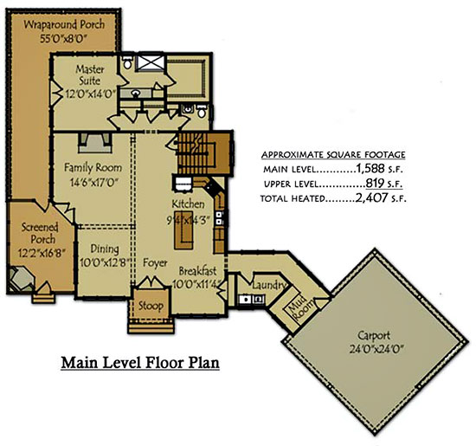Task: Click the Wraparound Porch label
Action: tap(64, 24)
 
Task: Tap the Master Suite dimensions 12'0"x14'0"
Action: tap(91, 94)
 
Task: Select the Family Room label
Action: tap(93, 168)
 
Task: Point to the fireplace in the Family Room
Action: tap(95, 142)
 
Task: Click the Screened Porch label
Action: tap(40, 233)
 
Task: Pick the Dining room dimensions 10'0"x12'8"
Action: tap(105, 262)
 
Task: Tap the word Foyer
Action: tap(155, 262)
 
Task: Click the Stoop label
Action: tap(151, 306)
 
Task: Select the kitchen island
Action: tap(183, 234)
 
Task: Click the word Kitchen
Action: tap(188, 204)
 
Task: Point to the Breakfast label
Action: tap(197, 271)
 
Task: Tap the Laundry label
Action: tap(269, 285)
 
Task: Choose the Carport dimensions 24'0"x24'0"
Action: tap(376, 349)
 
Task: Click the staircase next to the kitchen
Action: tap(203, 153)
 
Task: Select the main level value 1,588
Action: tap(370, 168)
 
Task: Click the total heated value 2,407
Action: tap(371, 197)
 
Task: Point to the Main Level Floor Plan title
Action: tap(140, 363)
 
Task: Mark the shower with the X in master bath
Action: tap(151, 62)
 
